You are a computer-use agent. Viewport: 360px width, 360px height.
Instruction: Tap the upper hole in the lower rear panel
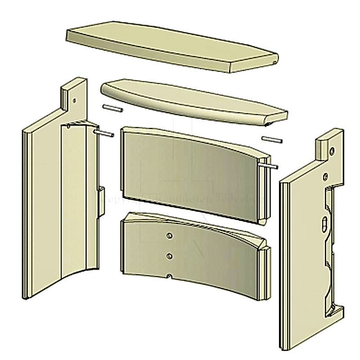click(x=169, y=235)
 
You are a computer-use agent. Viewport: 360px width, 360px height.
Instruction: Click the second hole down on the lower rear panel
click(x=169, y=256)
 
